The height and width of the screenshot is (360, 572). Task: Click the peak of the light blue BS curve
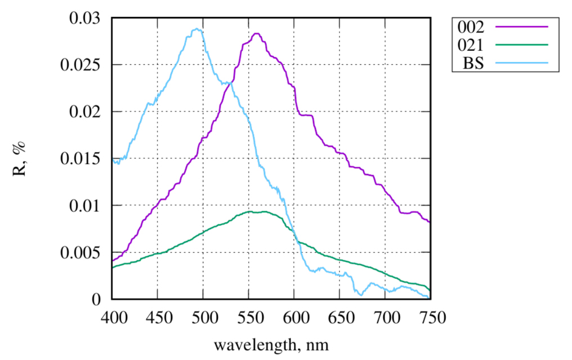pos(196,29)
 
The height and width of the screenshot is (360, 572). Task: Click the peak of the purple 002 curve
pos(257,34)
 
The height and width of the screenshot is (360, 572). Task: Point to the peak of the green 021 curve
pos(263,211)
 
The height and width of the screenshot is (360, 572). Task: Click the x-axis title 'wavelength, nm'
pos(271,344)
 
